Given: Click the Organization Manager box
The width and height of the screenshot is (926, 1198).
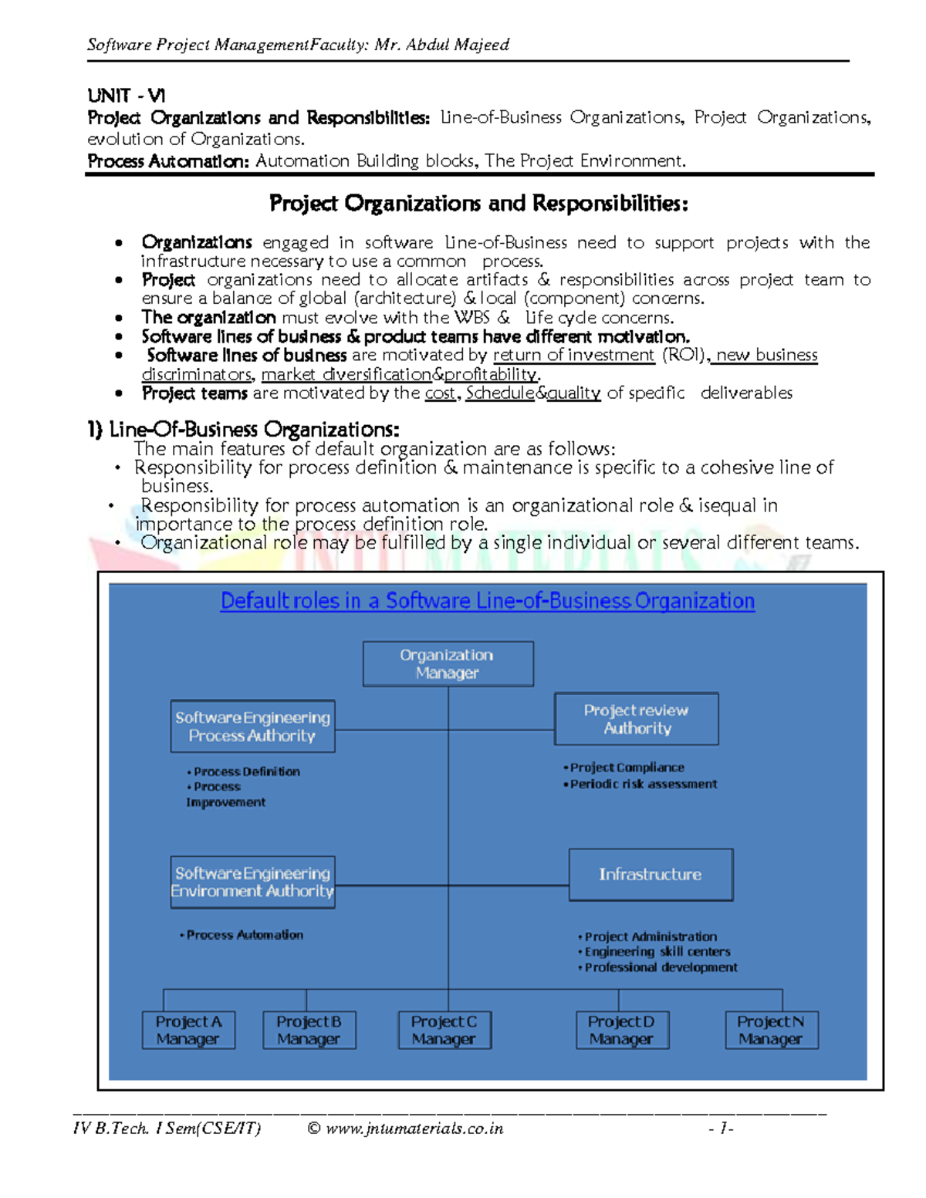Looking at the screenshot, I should (x=448, y=663).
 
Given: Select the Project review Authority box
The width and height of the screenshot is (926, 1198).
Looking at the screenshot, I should (x=636, y=719).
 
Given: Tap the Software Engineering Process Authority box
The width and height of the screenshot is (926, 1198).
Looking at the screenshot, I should (x=252, y=726).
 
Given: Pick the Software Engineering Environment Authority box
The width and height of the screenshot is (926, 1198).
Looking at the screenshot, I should (x=252, y=882).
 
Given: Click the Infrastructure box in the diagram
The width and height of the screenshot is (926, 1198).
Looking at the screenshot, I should (x=651, y=874).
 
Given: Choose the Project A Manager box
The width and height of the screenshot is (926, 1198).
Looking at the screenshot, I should (x=188, y=1030).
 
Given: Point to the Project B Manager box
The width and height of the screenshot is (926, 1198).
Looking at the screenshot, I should (x=309, y=1030).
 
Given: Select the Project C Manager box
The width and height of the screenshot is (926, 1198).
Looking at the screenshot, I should (x=444, y=1030).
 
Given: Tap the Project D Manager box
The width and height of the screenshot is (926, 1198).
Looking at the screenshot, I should (x=622, y=1030).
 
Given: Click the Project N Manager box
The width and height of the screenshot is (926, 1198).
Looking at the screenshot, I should (x=771, y=1030).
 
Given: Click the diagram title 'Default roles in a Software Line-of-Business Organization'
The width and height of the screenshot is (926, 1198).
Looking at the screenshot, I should (x=487, y=601).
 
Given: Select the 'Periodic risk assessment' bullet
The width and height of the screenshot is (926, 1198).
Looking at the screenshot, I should (x=644, y=784).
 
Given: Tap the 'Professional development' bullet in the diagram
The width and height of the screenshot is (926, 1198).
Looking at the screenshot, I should (x=661, y=967).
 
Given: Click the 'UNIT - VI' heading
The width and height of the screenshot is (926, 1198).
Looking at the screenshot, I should (x=126, y=96).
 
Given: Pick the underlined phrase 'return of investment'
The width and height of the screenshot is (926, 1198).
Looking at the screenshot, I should (x=573, y=355).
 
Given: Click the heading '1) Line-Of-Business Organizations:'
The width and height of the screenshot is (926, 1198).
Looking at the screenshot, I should (x=243, y=429).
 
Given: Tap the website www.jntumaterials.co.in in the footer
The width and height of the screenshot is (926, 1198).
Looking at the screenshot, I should (x=414, y=1129).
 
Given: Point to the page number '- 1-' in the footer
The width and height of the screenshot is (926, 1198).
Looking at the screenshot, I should (x=721, y=1129).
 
